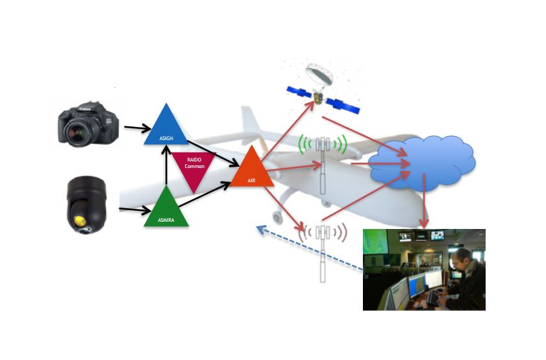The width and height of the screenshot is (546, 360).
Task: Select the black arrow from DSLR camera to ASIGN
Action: [x=136, y=128]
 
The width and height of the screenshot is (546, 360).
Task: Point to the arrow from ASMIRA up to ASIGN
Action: [x=166, y=166]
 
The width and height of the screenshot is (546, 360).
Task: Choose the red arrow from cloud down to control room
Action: [x=423, y=205]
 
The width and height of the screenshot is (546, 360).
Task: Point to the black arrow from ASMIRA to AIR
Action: [x=205, y=197]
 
